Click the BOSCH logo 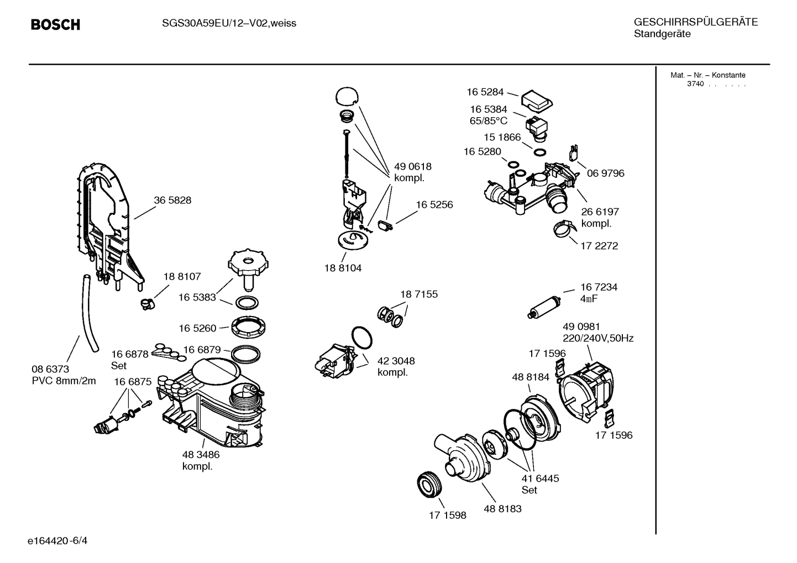coord(55,25)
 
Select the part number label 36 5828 coord(172,200)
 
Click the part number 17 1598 coord(447,515)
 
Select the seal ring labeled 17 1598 coord(429,485)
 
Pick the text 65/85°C coord(488,121)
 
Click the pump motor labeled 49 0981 coord(586,387)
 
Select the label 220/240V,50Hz coord(598,338)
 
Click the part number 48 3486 coord(201,454)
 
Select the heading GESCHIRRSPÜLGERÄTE coord(695,22)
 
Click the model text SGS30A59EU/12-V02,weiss coord(229,23)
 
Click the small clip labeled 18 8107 coord(146,303)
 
